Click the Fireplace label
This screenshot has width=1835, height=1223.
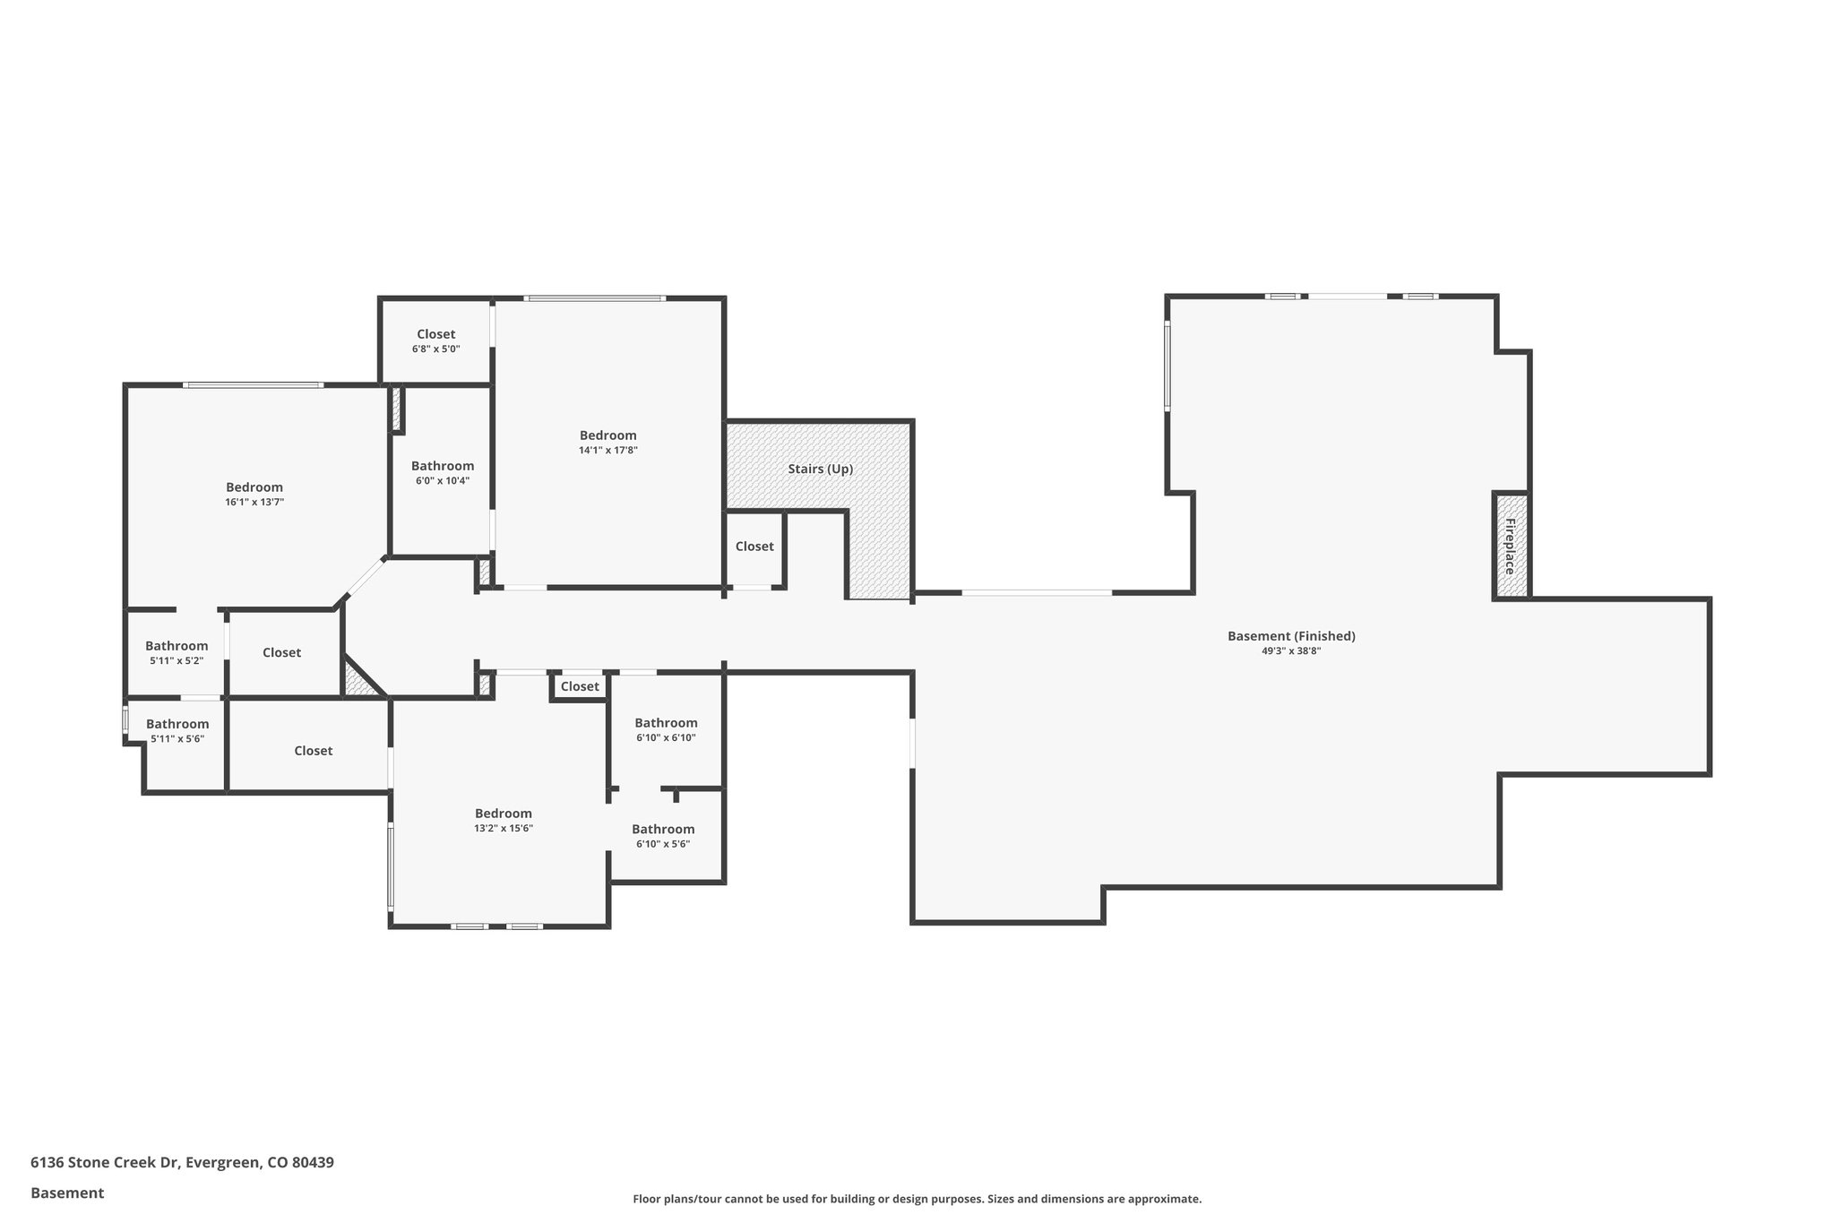pos(1510,546)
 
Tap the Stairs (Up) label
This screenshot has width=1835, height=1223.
pos(820,469)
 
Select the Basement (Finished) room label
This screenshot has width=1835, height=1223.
pos(1291,636)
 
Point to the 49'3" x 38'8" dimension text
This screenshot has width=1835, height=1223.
pos(1291,651)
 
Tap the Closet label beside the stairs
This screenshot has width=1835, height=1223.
pos(754,547)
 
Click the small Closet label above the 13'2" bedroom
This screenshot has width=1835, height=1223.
pos(580,686)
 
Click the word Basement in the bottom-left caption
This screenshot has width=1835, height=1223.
pos(67,1193)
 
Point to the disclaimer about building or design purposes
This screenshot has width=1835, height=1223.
pos(917,1199)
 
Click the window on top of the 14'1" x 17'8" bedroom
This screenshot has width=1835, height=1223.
pos(595,298)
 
